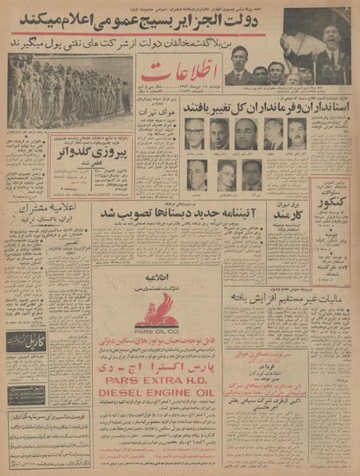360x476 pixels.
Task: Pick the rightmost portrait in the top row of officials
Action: click(296, 134)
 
